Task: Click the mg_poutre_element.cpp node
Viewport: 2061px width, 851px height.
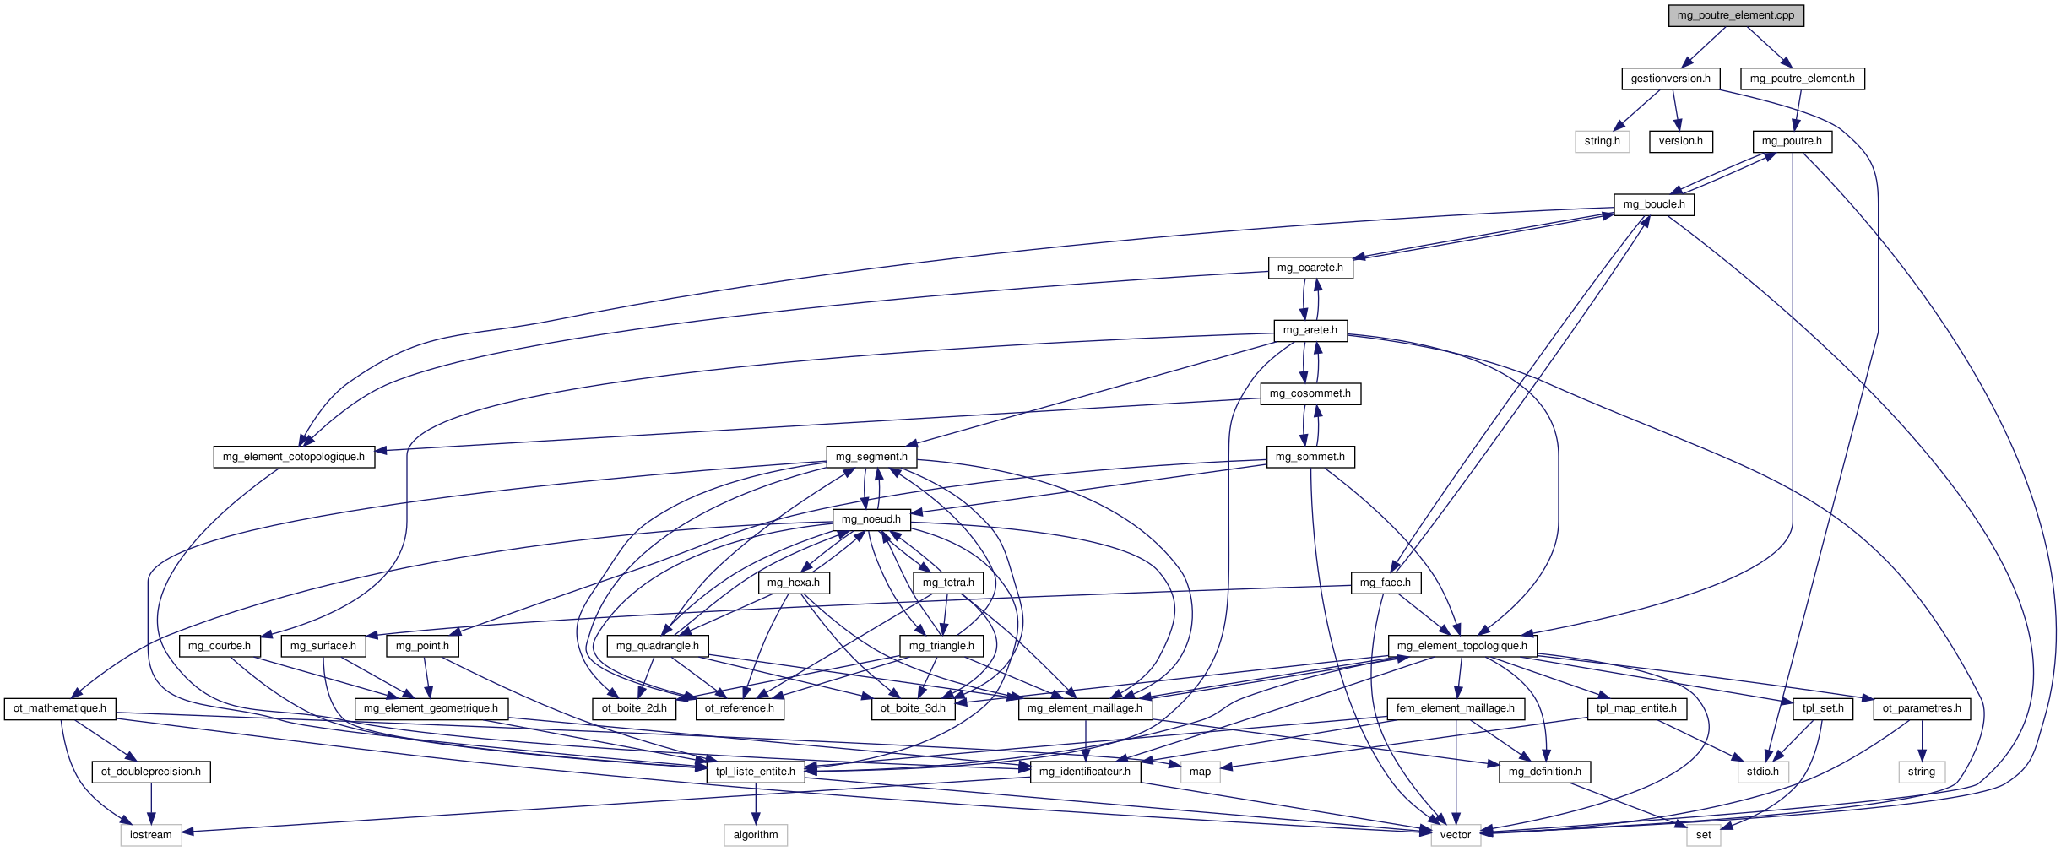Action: [x=1735, y=15]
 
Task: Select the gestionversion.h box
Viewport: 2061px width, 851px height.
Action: [x=1670, y=79]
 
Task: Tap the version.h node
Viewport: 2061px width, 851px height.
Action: [x=1680, y=141]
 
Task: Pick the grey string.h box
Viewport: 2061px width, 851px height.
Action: [x=1602, y=141]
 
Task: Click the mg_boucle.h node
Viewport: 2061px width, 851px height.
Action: [x=1653, y=204]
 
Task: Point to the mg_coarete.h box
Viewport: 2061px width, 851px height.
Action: [x=1310, y=268]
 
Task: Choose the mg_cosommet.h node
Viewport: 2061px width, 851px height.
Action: [x=1310, y=393]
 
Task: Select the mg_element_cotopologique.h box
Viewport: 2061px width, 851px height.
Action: [x=293, y=457]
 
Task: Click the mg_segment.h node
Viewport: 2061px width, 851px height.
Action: [x=871, y=457]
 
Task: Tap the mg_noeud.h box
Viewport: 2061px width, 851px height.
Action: [x=871, y=519]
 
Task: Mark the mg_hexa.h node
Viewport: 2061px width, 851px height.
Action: [x=793, y=583]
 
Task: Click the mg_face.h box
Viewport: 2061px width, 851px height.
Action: [x=1385, y=583]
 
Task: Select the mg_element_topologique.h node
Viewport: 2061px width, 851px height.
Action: [x=1462, y=646]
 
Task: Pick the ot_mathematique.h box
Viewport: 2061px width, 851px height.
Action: [x=59, y=708]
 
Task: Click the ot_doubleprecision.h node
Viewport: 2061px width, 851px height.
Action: [x=150, y=772]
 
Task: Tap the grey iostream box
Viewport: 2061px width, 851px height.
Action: [x=150, y=835]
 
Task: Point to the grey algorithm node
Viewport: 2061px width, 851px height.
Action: [x=755, y=835]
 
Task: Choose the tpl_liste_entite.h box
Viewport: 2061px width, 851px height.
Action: [x=755, y=772]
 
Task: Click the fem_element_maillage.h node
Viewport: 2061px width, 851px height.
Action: [x=1455, y=708]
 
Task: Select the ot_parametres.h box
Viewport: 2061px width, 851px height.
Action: [x=1921, y=708]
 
